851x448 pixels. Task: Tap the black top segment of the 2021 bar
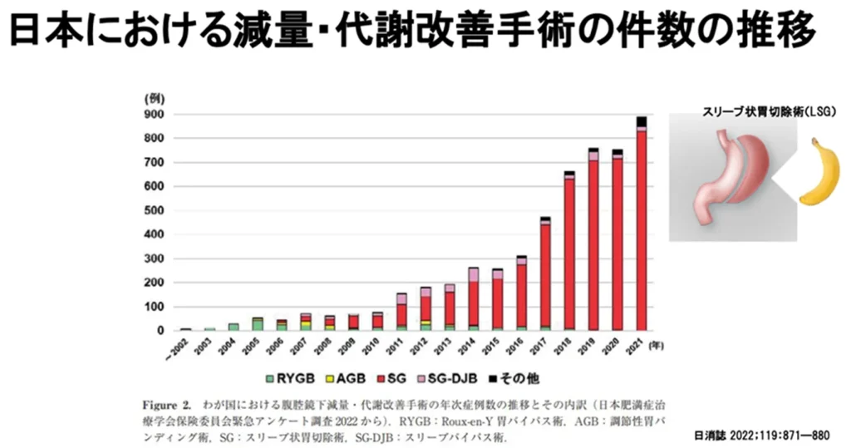point(642,121)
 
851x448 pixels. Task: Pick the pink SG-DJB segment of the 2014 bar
point(473,274)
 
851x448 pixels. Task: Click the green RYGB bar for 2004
point(234,327)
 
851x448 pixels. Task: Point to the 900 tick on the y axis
point(155,114)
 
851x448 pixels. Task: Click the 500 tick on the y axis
point(155,210)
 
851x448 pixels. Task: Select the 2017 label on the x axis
point(544,343)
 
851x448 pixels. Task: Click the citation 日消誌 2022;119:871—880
point(761,434)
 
